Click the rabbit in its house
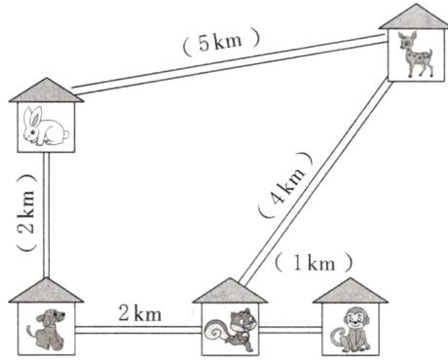point(44,127)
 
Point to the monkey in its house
point(347,327)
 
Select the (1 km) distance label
point(314,262)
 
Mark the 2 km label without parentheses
point(139,313)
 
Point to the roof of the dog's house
point(45,289)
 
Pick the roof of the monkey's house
point(347,289)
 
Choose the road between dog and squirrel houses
point(136,331)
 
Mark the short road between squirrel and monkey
point(288,331)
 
